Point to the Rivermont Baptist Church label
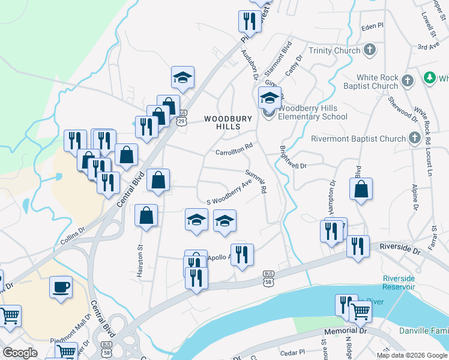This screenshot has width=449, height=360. tap(358, 139)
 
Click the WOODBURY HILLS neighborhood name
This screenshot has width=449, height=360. tap(228, 122)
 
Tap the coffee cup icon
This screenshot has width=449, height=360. tap(60, 287)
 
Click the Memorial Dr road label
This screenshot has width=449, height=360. tap(345, 331)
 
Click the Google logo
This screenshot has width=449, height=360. tap(20, 352)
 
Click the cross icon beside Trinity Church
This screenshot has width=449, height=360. tap(370, 50)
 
